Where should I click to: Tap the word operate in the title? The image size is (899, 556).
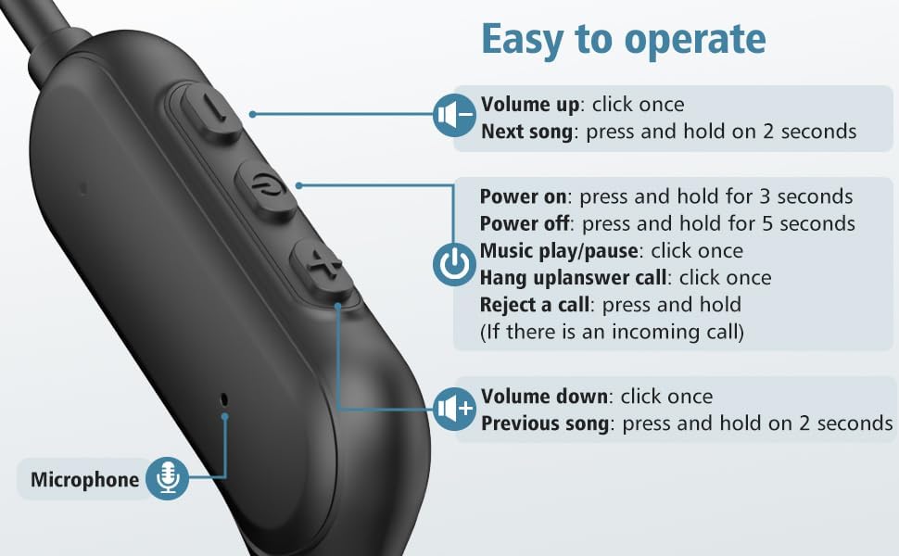click(695, 40)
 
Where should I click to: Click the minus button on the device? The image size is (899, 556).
click(210, 111)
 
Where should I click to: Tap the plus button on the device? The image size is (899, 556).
click(322, 267)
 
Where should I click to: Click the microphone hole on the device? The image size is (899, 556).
click(224, 399)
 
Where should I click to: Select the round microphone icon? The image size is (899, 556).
click(167, 478)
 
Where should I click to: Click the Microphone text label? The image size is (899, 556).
click(85, 480)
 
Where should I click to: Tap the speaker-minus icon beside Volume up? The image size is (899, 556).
click(455, 115)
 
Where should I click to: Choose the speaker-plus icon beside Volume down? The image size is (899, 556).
click(455, 409)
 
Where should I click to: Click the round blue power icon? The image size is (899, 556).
click(455, 264)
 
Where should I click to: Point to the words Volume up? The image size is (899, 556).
click(530, 105)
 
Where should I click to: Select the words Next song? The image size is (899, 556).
click(527, 132)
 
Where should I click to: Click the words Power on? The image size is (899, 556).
click(523, 196)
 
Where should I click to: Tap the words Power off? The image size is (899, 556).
click(524, 223)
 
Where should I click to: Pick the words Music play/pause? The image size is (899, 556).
click(559, 251)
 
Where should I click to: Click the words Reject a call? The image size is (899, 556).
click(535, 304)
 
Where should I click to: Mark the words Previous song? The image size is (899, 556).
click(545, 423)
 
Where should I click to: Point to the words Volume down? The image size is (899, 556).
click(544, 397)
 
